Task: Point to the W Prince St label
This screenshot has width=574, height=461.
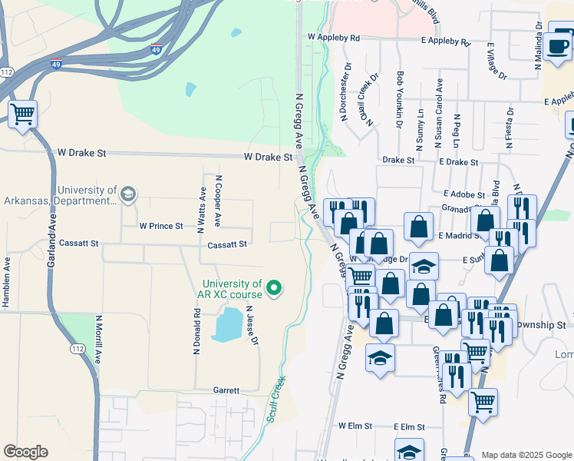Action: click(161, 227)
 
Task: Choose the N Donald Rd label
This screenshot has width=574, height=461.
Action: click(197, 331)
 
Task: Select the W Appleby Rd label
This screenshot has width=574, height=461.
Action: click(334, 37)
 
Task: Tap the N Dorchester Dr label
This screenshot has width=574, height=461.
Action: click(343, 99)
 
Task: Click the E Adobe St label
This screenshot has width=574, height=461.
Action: click(463, 196)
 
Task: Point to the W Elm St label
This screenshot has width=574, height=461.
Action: click(355, 426)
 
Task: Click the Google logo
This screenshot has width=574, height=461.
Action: click(25, 452)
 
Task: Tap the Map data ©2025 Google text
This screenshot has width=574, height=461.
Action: click(526, 455)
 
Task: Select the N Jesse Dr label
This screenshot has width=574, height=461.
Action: click(252, 326)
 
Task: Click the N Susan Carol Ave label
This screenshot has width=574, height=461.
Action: click(438, 113)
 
